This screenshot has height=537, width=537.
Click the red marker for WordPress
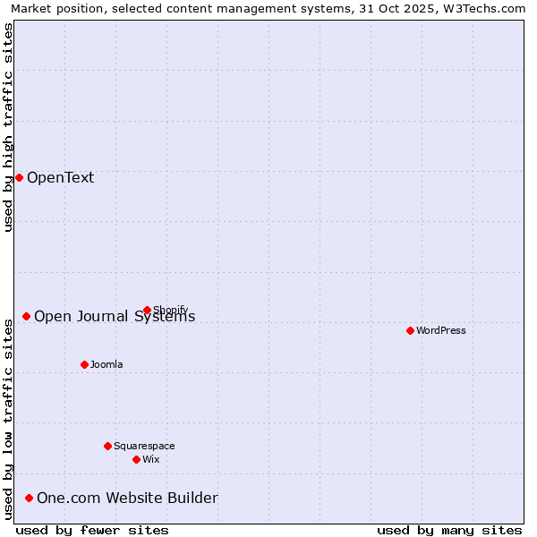pos(410,330)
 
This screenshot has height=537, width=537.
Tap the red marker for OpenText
pos(19,177)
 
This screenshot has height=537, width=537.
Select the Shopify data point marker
pos(147,311)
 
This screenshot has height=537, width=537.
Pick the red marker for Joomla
pos(84,364)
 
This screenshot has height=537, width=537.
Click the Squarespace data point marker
pos(107,446)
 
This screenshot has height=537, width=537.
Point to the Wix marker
pos(136,459)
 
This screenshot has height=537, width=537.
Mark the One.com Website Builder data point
pos(29,498)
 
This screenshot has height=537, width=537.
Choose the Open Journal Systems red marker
pos(26,316)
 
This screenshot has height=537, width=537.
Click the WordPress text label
pos(441,330)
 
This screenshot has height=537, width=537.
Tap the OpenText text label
pos(60,177)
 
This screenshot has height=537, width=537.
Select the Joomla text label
pos(107,364)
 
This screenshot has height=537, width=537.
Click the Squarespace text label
pos(144,446)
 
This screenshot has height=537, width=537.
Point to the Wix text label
pos(151,459)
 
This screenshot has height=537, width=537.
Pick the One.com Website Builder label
pos(127,498)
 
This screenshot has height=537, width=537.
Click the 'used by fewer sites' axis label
pos(92,530)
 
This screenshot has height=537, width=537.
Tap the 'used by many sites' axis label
pos(449,530)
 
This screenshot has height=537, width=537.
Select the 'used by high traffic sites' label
pos(8,127)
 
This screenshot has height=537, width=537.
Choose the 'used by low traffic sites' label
pos(8,417)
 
